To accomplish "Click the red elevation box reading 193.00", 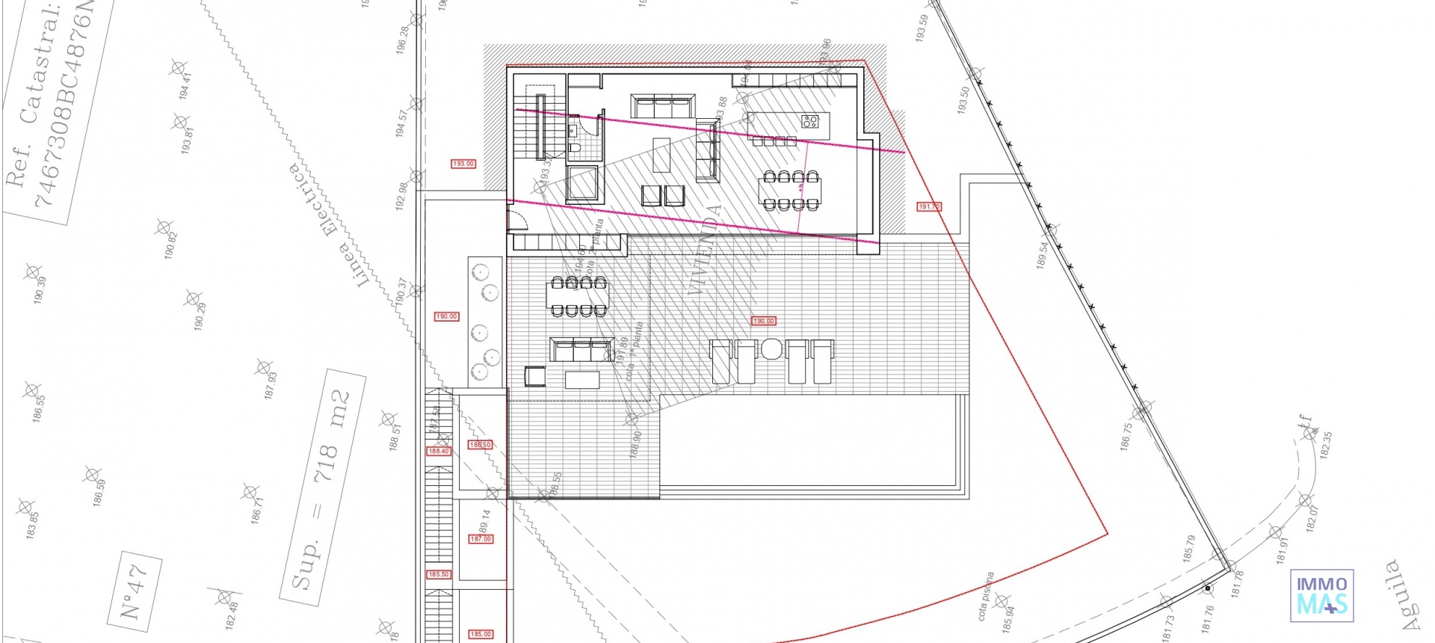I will click(463, 164).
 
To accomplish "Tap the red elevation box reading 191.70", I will click(928, 206).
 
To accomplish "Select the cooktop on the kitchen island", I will click(810, 121).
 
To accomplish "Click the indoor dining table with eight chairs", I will click(789, 191).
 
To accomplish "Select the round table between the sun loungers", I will click(771, 349).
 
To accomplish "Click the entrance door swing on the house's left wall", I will click(516, 218).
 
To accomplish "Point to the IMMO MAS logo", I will click(1321, 596).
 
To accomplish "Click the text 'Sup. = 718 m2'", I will click(323, 488).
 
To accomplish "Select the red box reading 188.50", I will click(480, 445).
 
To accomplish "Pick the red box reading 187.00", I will click(481, 539).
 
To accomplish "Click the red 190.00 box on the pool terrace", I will click(763, 321).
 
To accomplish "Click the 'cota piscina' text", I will click(986, 596).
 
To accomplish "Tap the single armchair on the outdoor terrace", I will click(535, 375).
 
